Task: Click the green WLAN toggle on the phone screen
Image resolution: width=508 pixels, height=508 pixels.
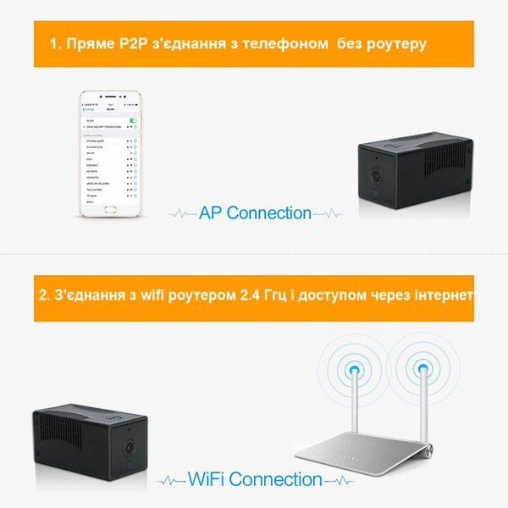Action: (131, 120)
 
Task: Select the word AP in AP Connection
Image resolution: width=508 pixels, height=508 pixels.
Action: (211, 213)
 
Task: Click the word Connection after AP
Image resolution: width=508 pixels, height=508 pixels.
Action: (268, 213)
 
